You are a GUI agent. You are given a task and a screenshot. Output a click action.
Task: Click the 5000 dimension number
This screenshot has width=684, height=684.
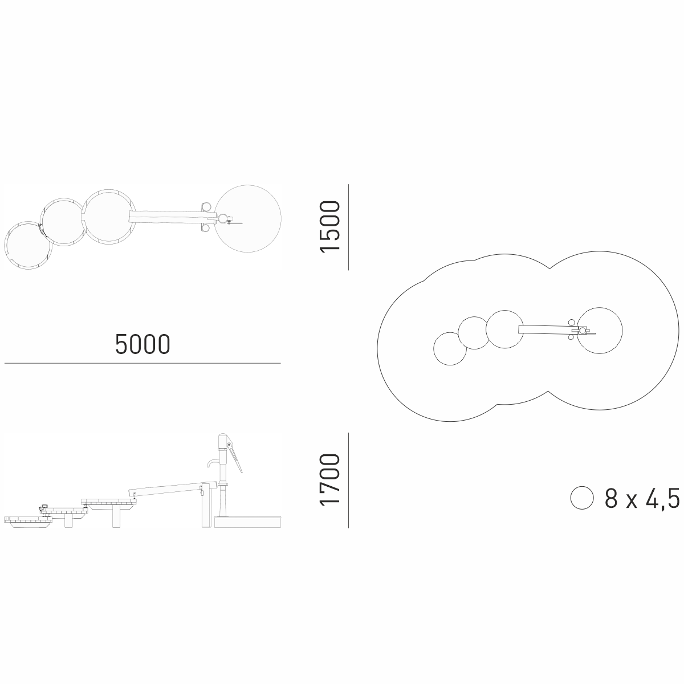[142, 344]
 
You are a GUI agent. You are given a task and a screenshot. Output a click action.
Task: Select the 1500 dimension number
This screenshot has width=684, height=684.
[330, 227]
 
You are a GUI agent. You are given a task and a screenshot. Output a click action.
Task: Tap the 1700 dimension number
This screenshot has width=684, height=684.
[330, 479]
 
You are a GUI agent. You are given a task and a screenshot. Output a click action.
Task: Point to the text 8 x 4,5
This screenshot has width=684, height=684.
[642, 498]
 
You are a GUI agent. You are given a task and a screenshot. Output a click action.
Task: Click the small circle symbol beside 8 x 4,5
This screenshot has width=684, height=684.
[582, 498]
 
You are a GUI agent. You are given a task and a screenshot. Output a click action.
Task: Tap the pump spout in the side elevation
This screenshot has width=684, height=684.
[213, 463]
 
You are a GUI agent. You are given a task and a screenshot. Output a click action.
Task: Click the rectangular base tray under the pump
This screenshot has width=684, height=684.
[247, 522]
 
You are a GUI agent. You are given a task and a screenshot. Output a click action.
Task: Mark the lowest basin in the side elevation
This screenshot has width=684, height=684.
[28, 522]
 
